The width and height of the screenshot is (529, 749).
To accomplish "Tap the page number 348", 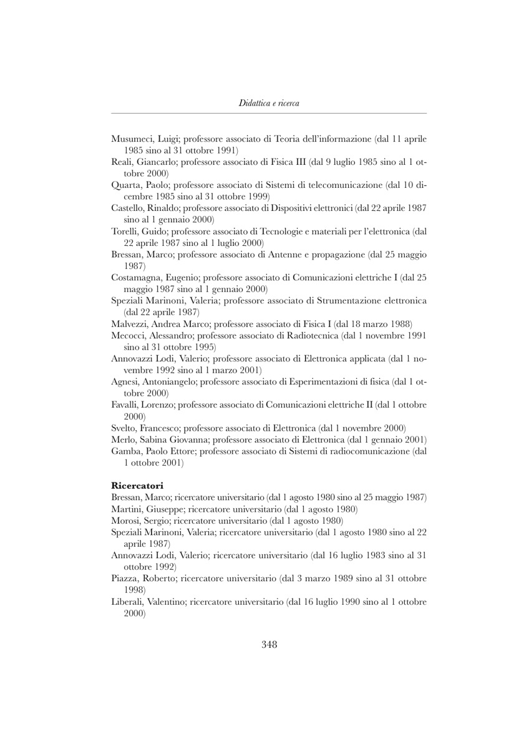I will click(x=269, y=645).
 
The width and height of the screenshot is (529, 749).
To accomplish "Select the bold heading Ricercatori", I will click(x=137, y=484).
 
